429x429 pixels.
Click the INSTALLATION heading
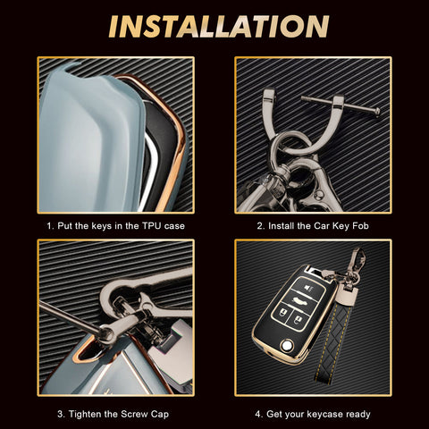219,26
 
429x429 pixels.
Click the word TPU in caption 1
151,226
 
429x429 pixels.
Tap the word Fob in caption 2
360,226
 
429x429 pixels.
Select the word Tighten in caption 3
86,414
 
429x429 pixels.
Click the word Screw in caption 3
134,414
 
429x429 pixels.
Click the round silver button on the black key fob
287,346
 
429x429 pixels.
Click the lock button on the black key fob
282,314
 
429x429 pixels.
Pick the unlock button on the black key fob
298,321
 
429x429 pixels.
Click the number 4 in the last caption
257,414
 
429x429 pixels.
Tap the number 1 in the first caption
49,226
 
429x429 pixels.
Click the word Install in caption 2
282,226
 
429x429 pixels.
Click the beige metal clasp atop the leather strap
346,295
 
